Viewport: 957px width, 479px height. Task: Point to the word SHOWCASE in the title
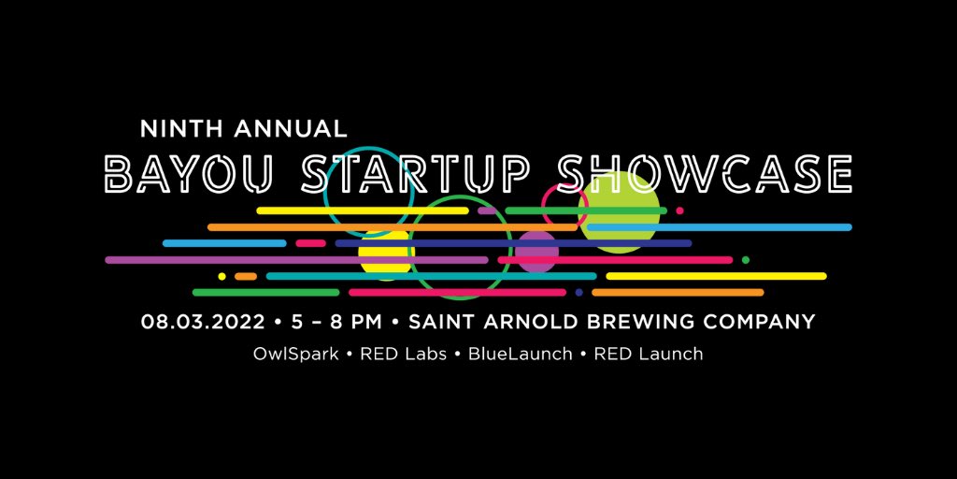point(703,175)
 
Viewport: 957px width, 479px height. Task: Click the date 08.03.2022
point(205,322)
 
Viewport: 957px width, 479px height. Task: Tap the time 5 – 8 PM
point(336,322)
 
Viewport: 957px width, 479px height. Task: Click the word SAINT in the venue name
point(445,322)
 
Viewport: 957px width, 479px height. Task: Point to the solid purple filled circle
point(537,251)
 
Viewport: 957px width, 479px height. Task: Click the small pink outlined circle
point(564,205)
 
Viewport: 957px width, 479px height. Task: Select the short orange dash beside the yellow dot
point(246,276)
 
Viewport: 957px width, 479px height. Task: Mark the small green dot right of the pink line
point(745,260)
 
